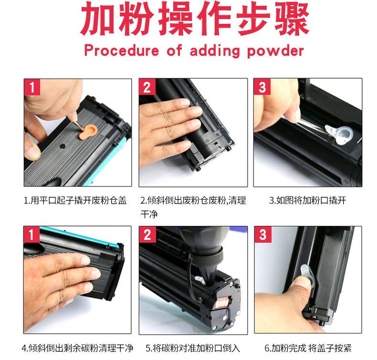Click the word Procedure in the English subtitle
click(121, 51)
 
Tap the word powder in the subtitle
click(275, 51)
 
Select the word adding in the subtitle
click(215, 51)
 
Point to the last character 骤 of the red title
click(292, 19)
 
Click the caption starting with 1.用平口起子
click(75, 200)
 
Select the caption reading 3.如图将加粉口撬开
click(307, 200)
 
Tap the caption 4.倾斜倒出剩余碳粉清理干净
click(77, 348)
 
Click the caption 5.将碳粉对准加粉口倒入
click(193, 348)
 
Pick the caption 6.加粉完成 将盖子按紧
click(308, 348)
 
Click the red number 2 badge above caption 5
click(147, 235)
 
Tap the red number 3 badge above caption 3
click(262, 87)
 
